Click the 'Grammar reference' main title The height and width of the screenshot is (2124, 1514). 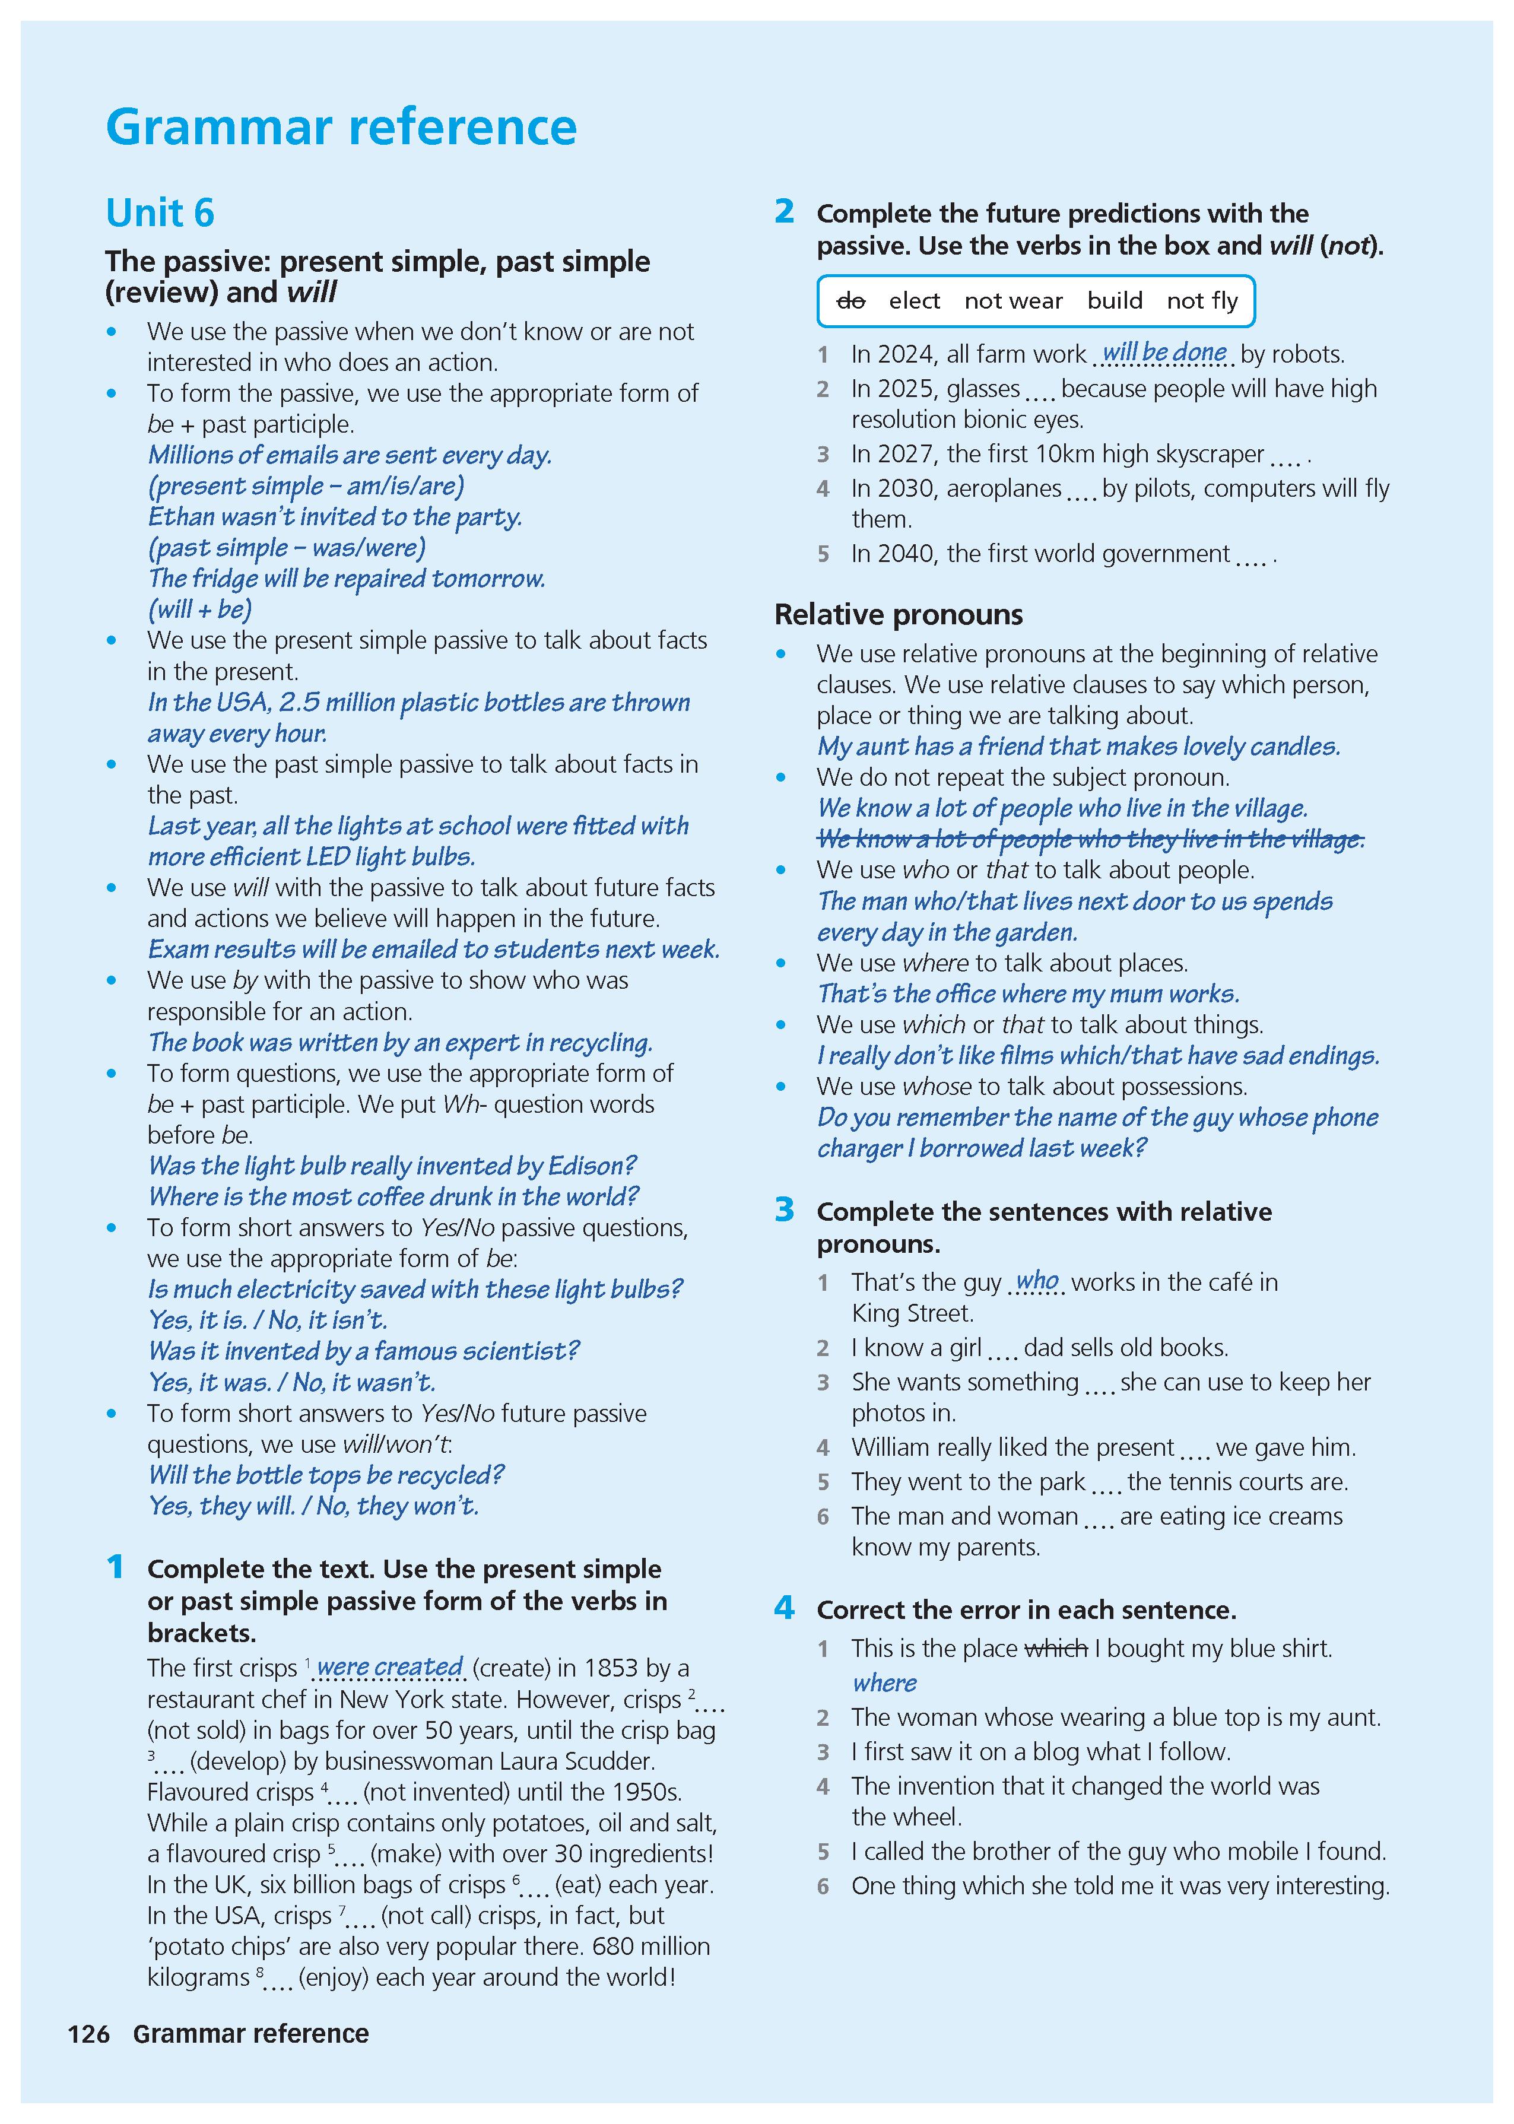point(341,128)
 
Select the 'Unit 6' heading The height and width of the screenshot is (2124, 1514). point(160,214)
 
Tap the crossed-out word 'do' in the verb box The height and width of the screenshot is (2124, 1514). point(850,301)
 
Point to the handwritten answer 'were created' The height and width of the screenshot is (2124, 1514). point(390,1666)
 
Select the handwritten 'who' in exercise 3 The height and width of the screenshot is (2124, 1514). point(1037,1281)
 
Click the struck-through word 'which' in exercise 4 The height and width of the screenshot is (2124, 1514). point(1056,1649)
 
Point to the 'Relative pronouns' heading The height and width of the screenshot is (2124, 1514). point(898,615)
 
